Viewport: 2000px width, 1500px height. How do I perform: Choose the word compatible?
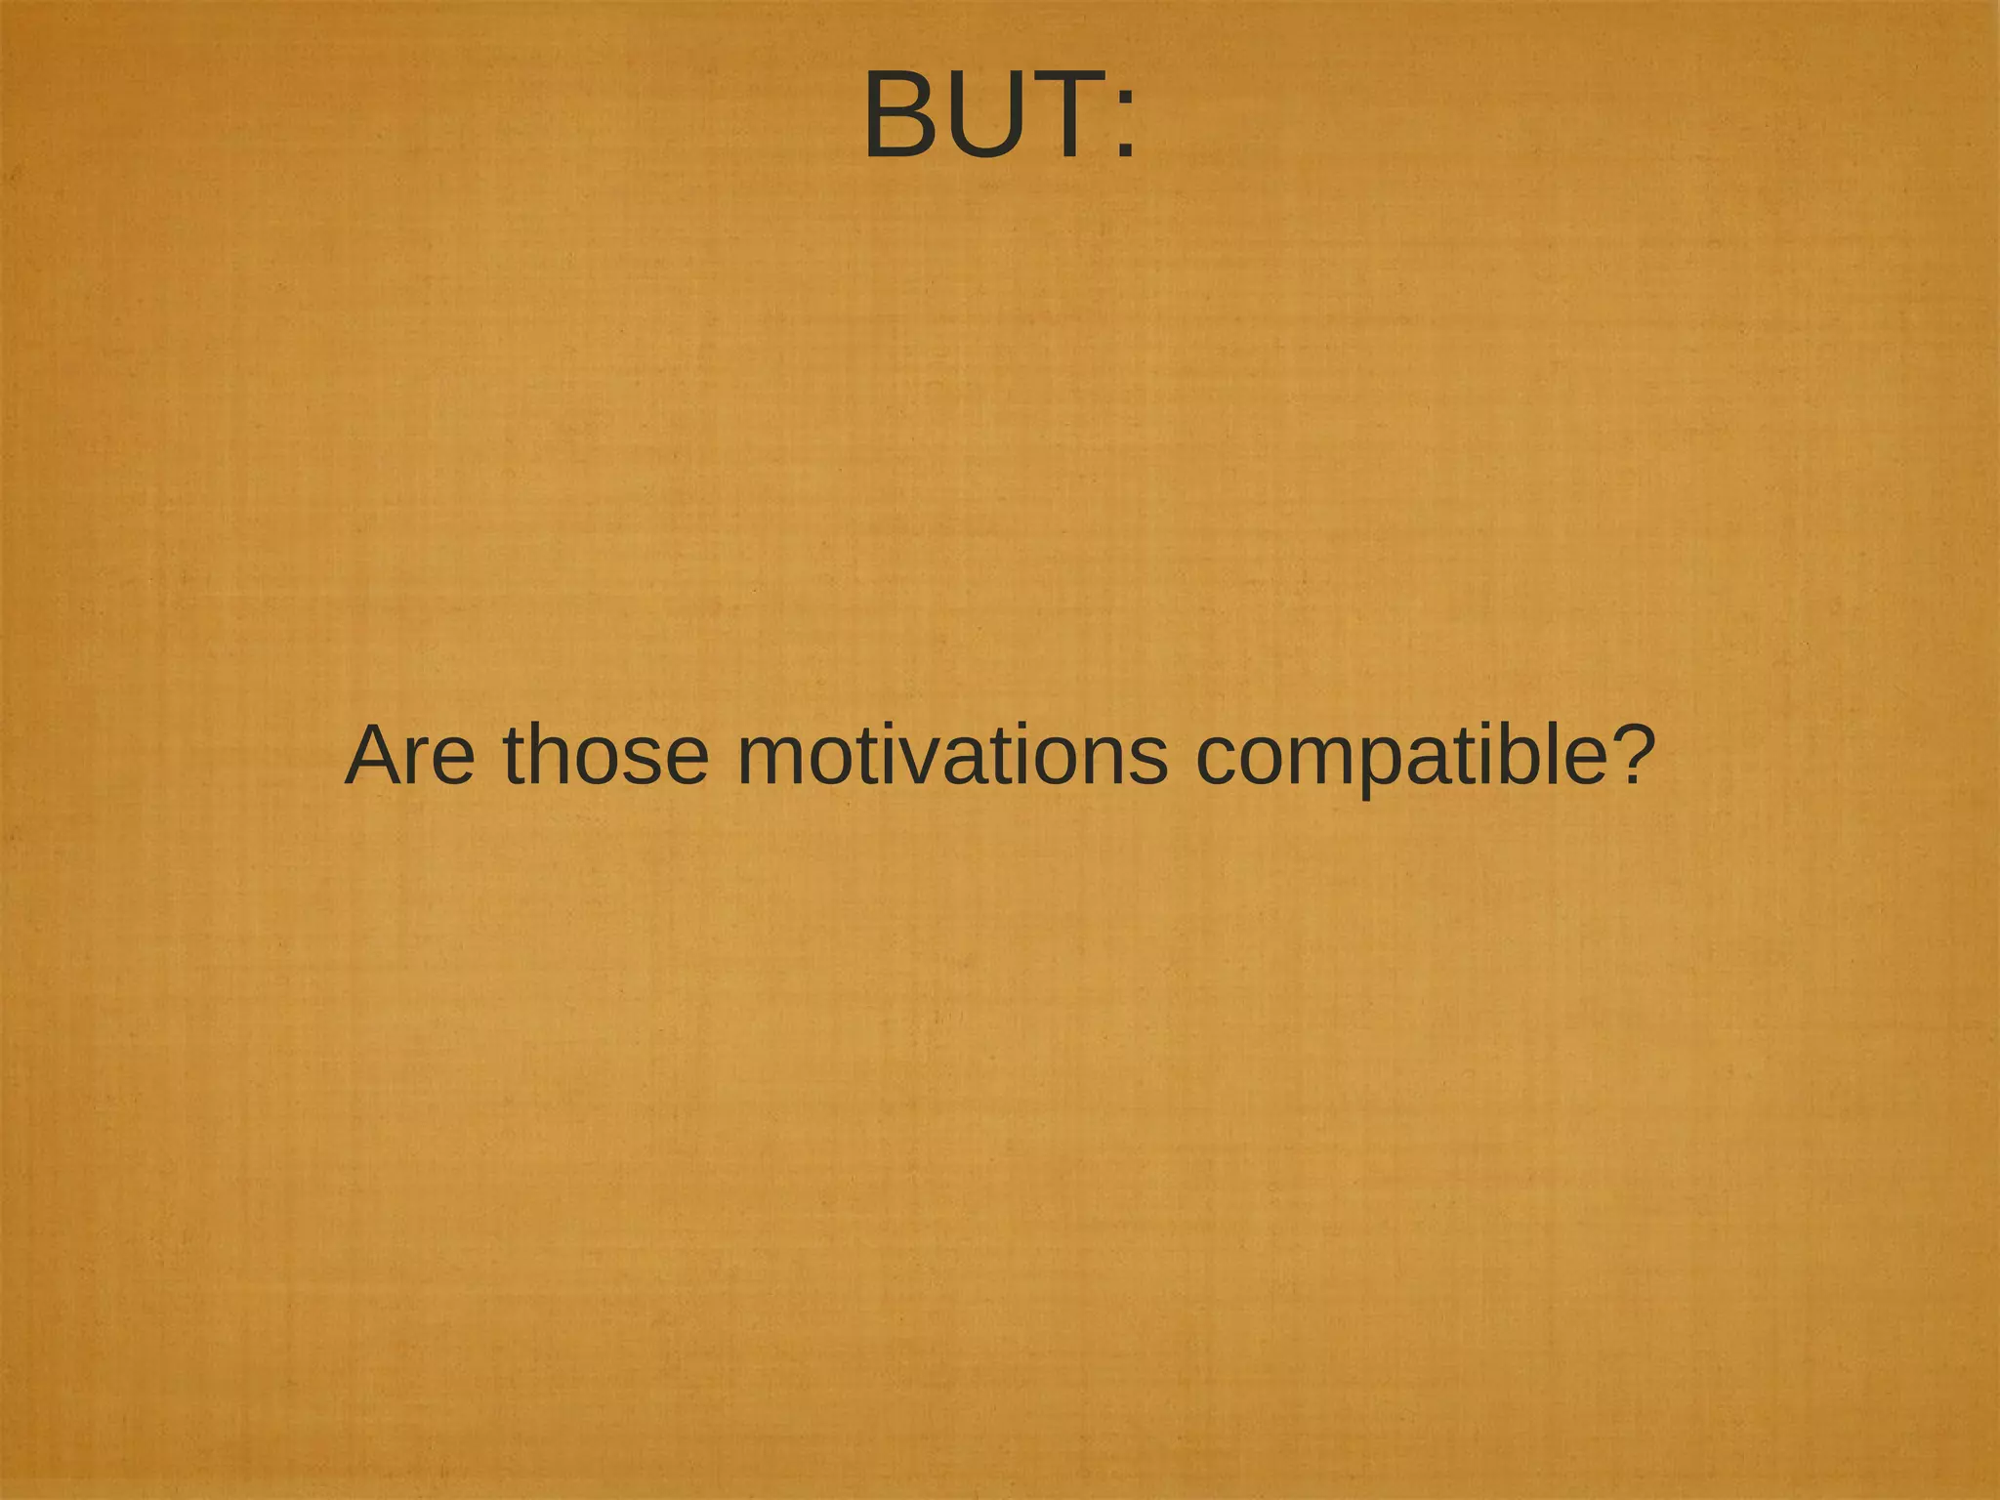tap(1397, 757)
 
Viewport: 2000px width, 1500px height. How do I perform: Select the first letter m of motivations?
tap(771, 762)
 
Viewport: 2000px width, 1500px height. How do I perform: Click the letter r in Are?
tap(424, 762)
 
